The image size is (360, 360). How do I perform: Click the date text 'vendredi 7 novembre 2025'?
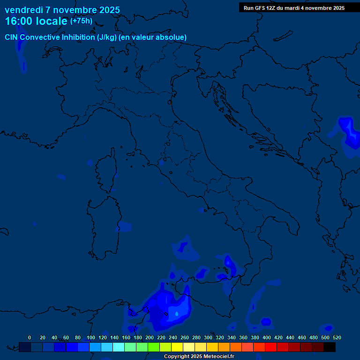[62, 10]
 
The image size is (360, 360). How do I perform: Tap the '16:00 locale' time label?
[36, 21]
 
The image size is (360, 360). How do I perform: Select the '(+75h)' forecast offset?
[81, 21]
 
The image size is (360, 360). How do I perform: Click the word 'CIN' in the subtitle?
[12, 37]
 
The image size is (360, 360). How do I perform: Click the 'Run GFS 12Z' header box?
[294, 8]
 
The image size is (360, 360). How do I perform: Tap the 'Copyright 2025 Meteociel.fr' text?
[199, 357]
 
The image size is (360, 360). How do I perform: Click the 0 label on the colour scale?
[30, 337]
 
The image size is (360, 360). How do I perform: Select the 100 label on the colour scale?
[90, 337]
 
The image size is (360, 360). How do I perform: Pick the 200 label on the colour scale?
[150, 337]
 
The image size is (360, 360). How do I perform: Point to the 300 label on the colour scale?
[208, 337]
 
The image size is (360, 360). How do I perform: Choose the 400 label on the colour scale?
[267, 337]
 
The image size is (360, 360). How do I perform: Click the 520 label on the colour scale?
[337, 337]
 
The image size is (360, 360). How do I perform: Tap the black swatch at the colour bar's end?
[330, 347]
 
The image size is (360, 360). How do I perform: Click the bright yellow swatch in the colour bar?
[177, 347]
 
